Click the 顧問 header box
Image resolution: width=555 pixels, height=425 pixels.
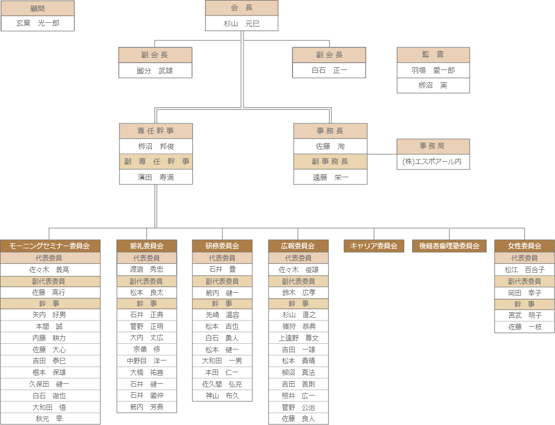pos(37,8)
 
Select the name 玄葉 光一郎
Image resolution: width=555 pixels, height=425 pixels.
pos(37,23)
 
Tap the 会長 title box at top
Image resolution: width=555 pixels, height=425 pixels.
pos(241,8)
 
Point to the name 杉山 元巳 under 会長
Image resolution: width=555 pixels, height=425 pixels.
pos(241,23)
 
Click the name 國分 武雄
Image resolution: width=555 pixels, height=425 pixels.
pos(155,71)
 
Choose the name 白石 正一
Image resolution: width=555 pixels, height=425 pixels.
pos(329,71)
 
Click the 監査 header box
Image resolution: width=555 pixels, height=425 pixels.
pos(433,54)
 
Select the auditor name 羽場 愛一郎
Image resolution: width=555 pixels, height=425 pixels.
pos(433,71)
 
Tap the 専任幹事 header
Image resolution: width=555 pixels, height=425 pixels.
pos(156,131)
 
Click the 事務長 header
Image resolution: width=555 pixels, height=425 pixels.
pos(330,131)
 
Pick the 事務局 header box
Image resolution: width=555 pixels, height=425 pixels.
pos(433,146)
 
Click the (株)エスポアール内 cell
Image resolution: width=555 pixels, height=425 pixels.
pos(433,162)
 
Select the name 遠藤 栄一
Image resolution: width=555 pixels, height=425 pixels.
pos(330,177)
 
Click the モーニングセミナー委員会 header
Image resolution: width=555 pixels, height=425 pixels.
pos(50,246)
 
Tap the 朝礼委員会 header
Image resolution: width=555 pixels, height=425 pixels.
pos(147,246)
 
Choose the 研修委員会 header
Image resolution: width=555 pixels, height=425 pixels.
pos(222,246)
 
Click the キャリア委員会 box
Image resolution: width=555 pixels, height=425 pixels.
pos(374,246)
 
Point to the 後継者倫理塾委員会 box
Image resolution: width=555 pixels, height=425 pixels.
pos(449,246)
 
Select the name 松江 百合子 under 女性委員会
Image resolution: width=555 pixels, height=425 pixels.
pos(524,269)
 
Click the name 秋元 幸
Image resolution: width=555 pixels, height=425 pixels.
pos(50,419)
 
